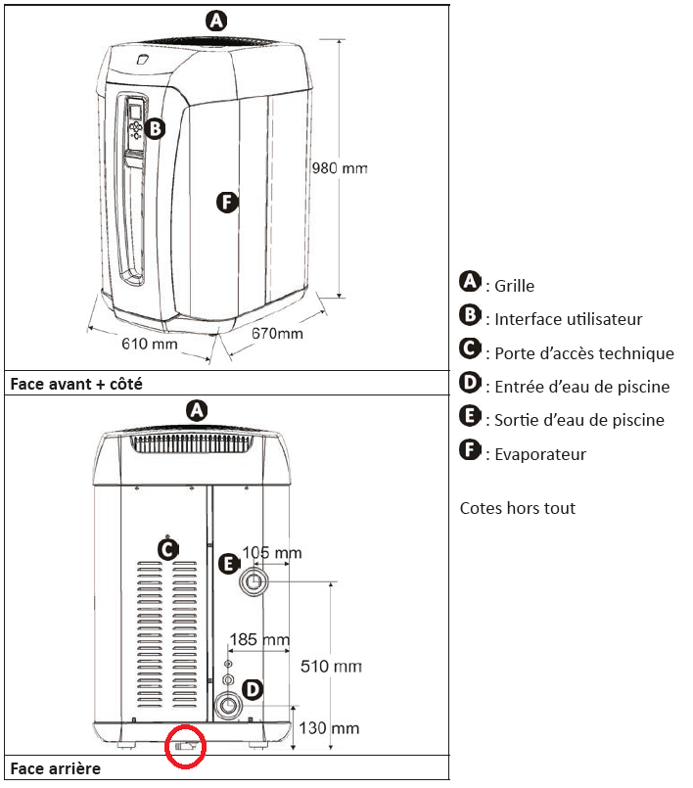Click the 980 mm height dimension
click(339, 168)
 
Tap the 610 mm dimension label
click(149, 344)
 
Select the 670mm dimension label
click(277, 334)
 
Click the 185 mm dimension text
click(259, 641)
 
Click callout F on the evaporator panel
click(226, 203)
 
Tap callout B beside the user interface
click(156, 127)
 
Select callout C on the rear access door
click(167, 549)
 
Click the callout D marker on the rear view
click(252, 690)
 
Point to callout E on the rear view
click(227, 564)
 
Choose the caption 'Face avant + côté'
click(76, 384)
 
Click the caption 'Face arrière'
click(56, 769)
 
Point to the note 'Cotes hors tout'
click(518, 508)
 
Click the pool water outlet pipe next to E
click(254, 582)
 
